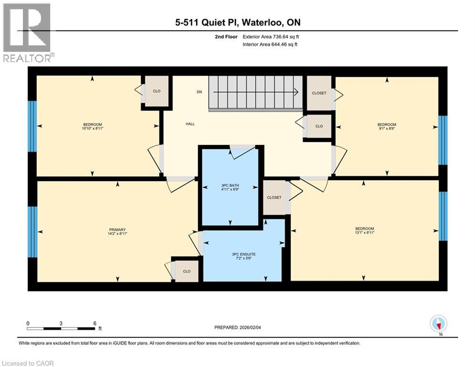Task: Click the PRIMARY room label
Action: point(117,229)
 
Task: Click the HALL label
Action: point(190,124)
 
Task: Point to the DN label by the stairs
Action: point(199,92)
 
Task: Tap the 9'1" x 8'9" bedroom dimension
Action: point(387,128)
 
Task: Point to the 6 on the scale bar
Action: point(95,323)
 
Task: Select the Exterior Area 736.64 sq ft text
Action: point(271,36)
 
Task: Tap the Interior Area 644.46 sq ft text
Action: point(271,44)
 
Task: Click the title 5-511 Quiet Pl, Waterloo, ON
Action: point(237,22)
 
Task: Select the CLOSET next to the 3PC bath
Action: point(274,197)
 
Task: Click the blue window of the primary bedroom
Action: point(32,232)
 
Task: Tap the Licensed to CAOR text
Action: point(28,363)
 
